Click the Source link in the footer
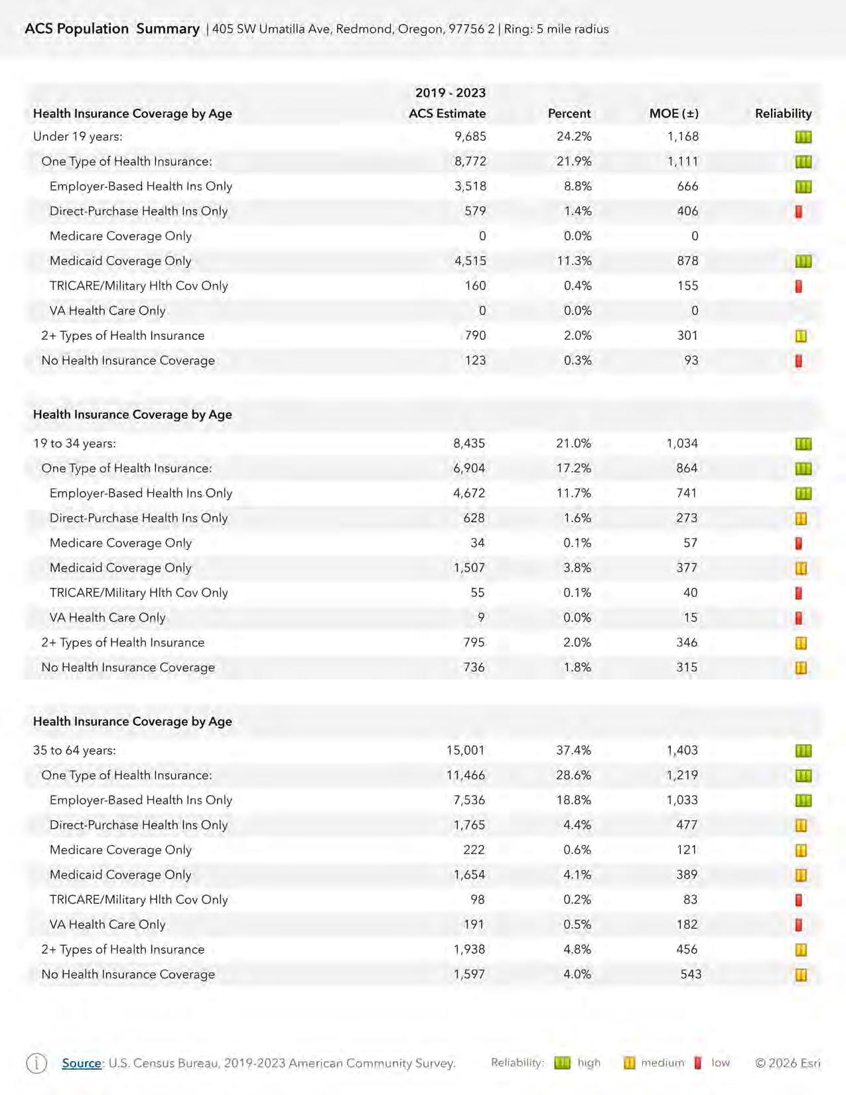82,1063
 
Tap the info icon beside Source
36,1063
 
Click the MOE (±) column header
673,113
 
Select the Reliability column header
783,113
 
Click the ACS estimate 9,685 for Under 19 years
470,137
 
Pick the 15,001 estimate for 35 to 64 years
465,751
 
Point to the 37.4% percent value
573,751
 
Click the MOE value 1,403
682,751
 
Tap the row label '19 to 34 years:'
74,443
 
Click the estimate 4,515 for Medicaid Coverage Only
470,261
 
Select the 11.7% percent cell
573,493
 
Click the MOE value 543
690,974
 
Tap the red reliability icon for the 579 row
799,212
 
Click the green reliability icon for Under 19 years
803,137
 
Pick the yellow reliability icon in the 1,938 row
801,950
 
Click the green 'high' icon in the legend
562,1063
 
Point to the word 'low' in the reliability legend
721,1063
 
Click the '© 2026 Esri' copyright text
788,1063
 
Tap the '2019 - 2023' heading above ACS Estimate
450,93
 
